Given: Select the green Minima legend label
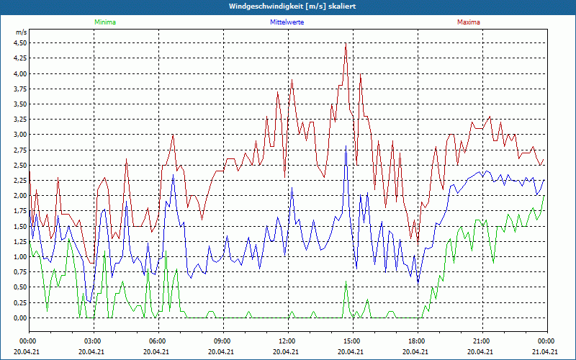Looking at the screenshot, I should [104, 22].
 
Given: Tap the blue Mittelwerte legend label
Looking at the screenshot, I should [286, 22].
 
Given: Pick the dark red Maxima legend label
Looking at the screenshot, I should [469, 22].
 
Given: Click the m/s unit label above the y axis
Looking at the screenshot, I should [21, 32].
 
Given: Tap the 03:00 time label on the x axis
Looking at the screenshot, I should [93, 341].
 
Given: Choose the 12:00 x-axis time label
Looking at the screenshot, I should [287, 341].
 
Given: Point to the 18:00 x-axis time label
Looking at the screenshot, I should [417, 341].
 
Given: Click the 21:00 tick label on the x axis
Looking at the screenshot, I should [482, 341].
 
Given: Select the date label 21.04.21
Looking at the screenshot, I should [546, 351].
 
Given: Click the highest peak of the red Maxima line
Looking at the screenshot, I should [346, 43].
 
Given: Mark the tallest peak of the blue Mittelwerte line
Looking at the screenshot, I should [346, 145].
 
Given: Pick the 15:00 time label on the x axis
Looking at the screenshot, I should [352, 341].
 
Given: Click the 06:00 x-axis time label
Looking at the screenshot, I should [158, 341].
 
